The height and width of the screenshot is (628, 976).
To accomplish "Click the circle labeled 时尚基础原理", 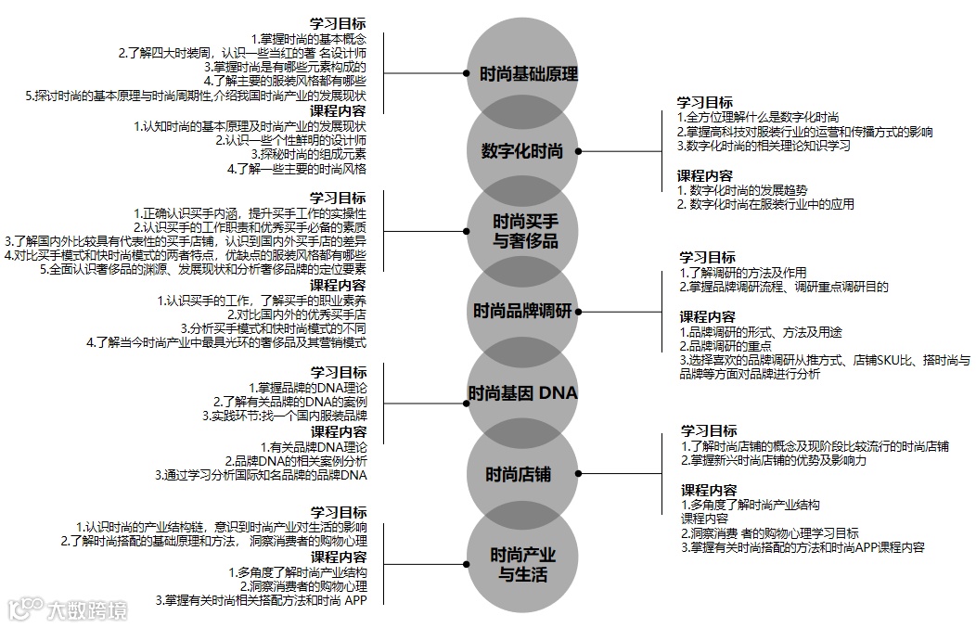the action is coord(528,73).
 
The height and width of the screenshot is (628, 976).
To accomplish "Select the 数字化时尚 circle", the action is coord(522,151).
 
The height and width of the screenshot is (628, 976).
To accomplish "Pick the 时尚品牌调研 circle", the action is coord(522,311).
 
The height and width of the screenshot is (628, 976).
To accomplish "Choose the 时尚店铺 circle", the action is coord(519,475).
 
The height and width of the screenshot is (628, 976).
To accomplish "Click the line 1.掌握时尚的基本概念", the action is coord(308,39).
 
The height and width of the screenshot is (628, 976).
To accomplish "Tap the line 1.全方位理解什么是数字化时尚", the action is coord(758,117).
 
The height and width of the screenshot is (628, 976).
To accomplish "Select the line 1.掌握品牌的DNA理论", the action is coord(307,387).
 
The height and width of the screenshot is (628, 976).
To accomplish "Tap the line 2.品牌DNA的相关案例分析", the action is coord(296,461).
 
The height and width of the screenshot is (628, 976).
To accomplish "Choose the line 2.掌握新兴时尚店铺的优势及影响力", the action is coord(775,460).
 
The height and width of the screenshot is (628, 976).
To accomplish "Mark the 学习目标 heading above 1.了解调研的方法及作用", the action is coord(707,257).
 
